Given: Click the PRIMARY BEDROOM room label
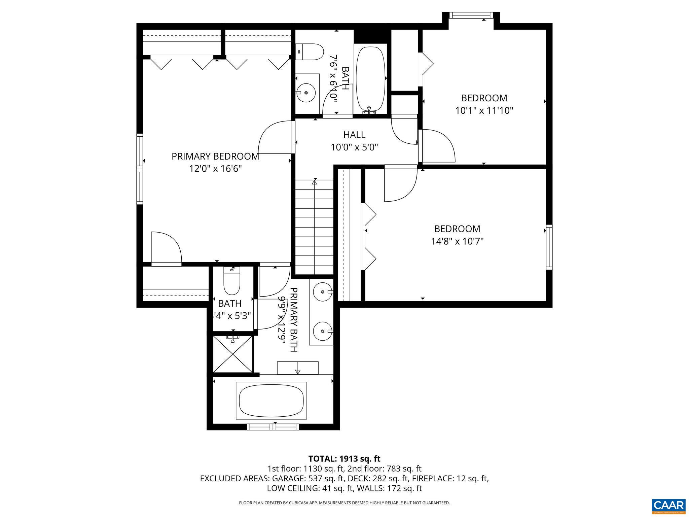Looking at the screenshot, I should (215, 157).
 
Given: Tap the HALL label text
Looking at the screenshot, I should (354, 135).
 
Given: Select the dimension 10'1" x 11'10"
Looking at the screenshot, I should (484, 111).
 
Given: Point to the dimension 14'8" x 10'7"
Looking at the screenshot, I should (457, 241).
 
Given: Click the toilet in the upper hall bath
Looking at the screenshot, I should (310, 52).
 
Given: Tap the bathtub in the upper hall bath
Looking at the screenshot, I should (370, 79).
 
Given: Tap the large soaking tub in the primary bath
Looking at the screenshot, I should (271, 401).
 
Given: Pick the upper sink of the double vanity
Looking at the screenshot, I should (323, 291).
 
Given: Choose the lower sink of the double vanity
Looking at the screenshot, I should (323, 331).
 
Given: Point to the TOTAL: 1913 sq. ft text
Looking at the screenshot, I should (344, 459).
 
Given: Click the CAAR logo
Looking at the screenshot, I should (668, 506).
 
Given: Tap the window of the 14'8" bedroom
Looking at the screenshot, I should (549, 247).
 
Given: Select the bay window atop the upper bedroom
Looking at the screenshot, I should (471, 15).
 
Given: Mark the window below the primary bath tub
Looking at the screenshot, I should (273, 427).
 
